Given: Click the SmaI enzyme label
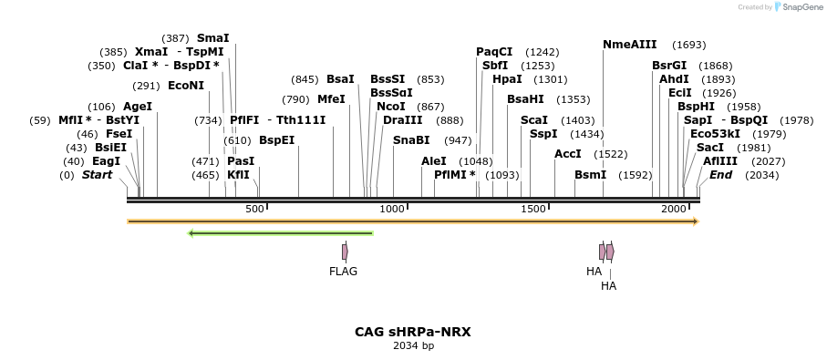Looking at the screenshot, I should pos(212,38).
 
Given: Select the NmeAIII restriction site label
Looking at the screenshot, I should pos(629,45).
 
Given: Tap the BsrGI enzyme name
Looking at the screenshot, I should pos(669,66).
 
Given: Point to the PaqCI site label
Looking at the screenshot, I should pos(494,52).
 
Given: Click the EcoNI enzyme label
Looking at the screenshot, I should pos(186,86).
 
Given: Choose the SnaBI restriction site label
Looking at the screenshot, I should pos(410,140).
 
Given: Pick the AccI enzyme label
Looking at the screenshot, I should pos(567,154).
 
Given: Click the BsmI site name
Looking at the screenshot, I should pos(590,175).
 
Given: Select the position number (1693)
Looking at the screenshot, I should pos(688,45).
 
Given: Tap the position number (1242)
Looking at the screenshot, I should pos(543,52).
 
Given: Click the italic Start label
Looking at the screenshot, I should pos(98,175).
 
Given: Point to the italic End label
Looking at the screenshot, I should pos(720,175).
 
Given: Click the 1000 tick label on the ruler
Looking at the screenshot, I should pos(392,210).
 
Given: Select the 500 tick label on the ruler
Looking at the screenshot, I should pos(254,210).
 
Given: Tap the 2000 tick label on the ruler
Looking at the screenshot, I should pos(674,210).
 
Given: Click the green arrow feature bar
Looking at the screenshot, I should pos(280,233).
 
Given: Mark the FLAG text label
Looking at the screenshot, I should pos(343,272).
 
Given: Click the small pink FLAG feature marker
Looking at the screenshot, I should pos(345,252).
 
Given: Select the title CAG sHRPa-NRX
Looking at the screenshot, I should pos(413,333).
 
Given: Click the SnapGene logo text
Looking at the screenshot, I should pos(800,7).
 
